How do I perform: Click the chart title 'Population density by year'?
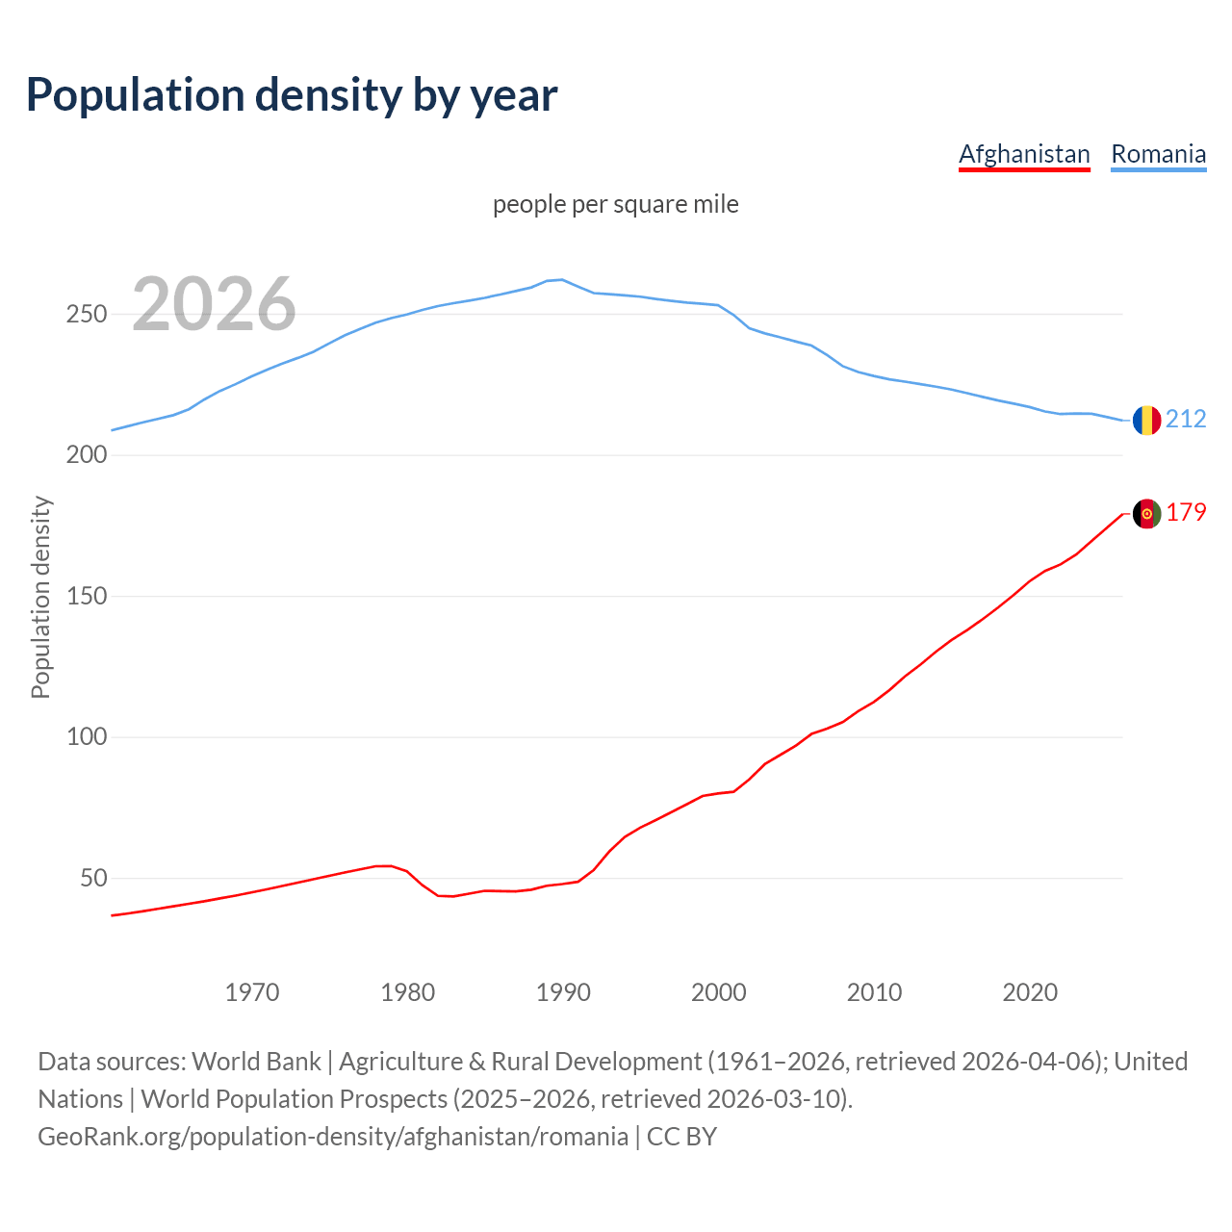(292, 95)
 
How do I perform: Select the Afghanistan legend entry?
(1024, 154)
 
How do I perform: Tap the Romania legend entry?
(1158, 154)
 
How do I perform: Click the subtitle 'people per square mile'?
(615, 205)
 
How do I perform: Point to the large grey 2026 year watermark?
(214, 304)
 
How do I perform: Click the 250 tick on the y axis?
(86, 315)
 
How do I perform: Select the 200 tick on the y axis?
(86, 455)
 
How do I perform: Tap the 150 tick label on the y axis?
(86, 597)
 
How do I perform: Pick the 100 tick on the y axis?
(86, 737)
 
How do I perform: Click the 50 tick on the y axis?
(93, 879)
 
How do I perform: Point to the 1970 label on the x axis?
(252, 992)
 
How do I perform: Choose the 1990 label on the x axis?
(563, 992)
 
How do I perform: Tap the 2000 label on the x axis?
(719, 992)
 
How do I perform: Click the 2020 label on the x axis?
(1030, 992)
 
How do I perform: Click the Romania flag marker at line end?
(1146, 420)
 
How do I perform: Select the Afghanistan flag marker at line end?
(1146, 514)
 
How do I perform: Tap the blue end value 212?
(1186, 419)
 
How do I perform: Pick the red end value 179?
(1186, 513)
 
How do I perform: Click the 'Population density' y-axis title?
(40, 597)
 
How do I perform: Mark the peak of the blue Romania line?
(562, 279)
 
